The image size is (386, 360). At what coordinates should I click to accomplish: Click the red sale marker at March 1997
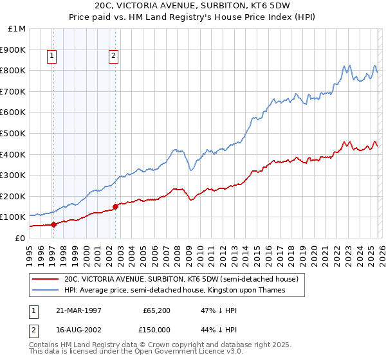(x=53, y=224)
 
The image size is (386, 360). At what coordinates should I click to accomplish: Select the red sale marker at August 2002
(x=115, y=206)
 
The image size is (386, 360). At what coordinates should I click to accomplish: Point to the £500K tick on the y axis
(x=14, y=133)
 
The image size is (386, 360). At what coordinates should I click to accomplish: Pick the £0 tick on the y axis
(x=20, y=238)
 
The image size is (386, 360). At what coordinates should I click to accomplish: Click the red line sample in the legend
(x=45, y=280)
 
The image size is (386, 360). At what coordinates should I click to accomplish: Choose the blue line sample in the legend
(x=45, y=291)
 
